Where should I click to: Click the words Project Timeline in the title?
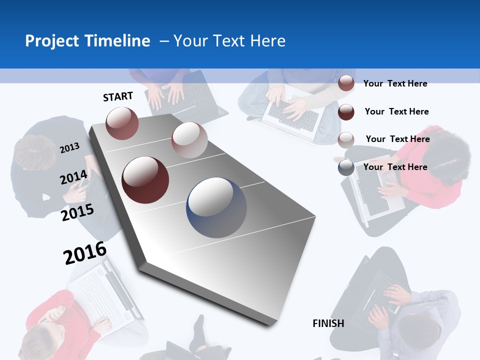[x=87, y=41]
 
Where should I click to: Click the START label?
[x=118, y=96]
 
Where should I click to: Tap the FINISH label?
[x=328, y=323]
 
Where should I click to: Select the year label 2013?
[x=69, y=148]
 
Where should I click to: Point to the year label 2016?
[x=84, y=253]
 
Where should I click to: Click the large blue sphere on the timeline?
[x=216, y=207]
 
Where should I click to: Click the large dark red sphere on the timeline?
[x=145, y=179]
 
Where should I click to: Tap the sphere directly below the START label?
[x=122, y=123]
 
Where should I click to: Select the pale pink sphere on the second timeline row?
[x=189, y=139]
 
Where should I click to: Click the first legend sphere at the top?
[x=346, y=83]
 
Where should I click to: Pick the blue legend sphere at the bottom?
[x=346, y=167]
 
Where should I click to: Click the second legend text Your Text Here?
[x=396, y=111]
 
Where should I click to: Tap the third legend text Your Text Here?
[x=397, y=139]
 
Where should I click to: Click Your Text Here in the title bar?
[x=229, y=41]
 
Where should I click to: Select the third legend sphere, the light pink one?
[x=346, y=140]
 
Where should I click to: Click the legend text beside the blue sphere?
[x=395, y=167]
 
